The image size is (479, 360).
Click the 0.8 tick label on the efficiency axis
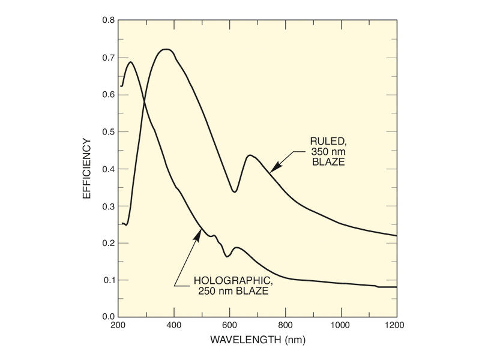(x=108, y=20)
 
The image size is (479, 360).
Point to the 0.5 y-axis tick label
(x=108, y=131)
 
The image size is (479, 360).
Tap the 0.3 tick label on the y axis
(x=108, y=206)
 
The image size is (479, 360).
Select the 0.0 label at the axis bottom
(x=108, y=317)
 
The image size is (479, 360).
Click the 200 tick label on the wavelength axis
(x=118, y=326)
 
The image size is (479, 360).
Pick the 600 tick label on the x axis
(x=230, y=326)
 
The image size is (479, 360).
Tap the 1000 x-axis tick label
(x=341, y=326)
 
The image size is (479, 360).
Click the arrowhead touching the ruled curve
(x=272, y=171)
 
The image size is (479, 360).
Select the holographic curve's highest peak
(x=131, y=62)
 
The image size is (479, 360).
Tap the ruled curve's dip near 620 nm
(x=235, y=192)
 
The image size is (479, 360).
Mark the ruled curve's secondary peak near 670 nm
(x=250, y=155)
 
